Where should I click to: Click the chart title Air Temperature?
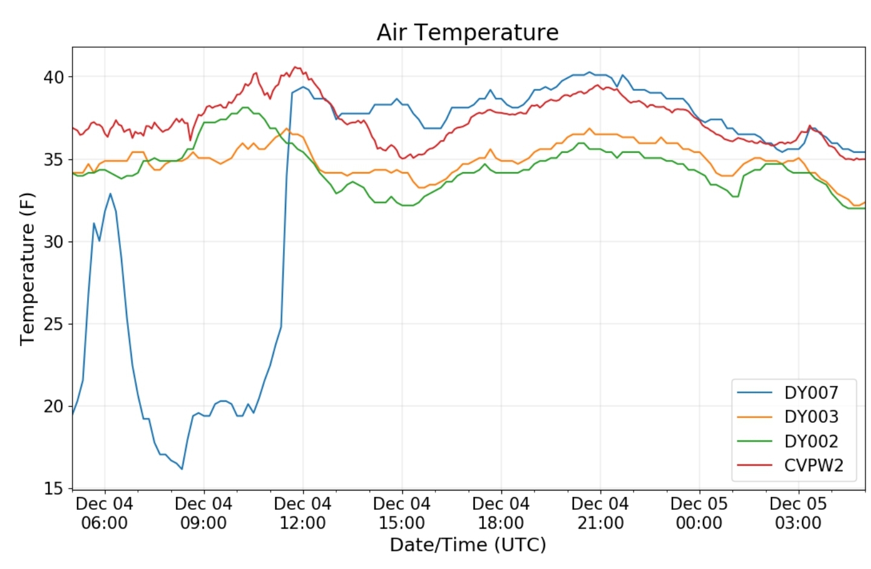pos(468,32)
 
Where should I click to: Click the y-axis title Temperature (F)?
pos(27,269)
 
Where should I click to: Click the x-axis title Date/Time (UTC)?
pos(468,544)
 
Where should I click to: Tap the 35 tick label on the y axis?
pos(53,159)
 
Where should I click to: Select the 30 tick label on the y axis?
pos(53,242)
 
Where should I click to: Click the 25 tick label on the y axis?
pos(53,324)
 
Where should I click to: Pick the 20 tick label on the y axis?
pos(53,407)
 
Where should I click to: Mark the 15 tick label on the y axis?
pos(53,488)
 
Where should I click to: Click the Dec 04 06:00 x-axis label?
pos(105,513)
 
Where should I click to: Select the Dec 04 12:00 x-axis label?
pos(303,513)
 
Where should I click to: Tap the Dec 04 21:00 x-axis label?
pos(601,513)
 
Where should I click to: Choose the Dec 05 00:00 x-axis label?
pos(699,513)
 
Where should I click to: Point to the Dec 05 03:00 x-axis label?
pos(798,513)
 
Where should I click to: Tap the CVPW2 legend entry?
pos(790,465)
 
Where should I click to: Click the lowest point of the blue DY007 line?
pos(182,469)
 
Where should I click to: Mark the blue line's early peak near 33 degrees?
pos(111,193)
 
